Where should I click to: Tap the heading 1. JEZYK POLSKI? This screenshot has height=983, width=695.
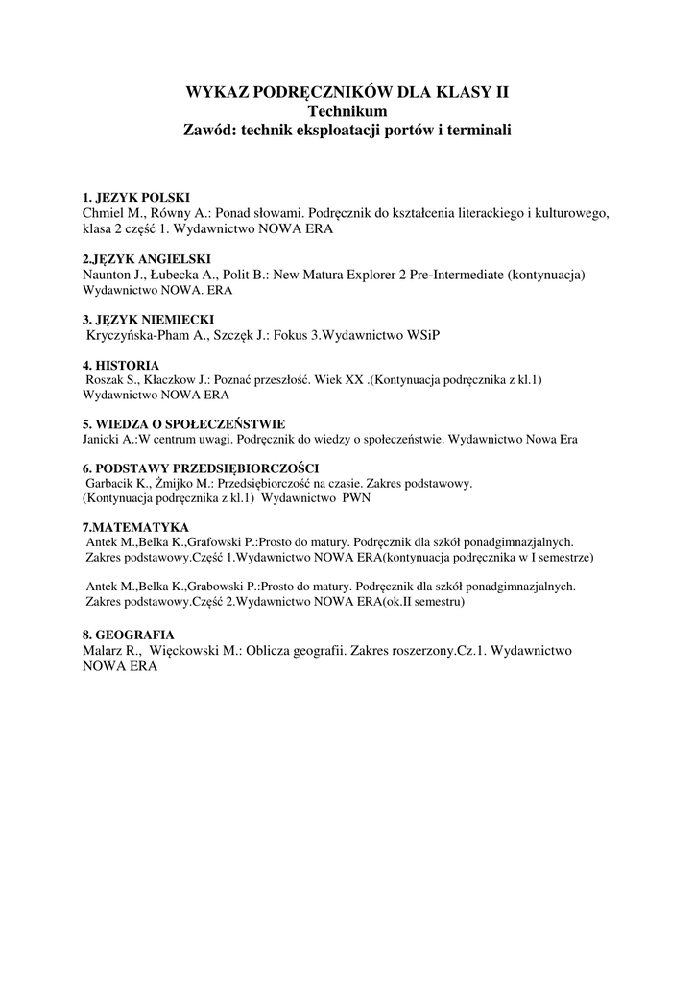[x=136, y=197]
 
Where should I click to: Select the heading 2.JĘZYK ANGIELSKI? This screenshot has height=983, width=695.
[x=146, y=259]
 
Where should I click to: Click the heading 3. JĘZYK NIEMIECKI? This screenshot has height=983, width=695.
[x=149, y=319]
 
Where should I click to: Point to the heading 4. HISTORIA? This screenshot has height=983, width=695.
[x=121, y=365]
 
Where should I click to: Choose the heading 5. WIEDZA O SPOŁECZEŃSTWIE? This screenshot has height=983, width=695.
[x=183, y=424]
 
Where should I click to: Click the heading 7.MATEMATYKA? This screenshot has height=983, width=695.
[x=135, y=527]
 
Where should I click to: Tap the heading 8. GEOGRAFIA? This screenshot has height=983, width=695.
[x=129, y=635]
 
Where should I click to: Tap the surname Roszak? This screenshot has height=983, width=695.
[x=108, y=380]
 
